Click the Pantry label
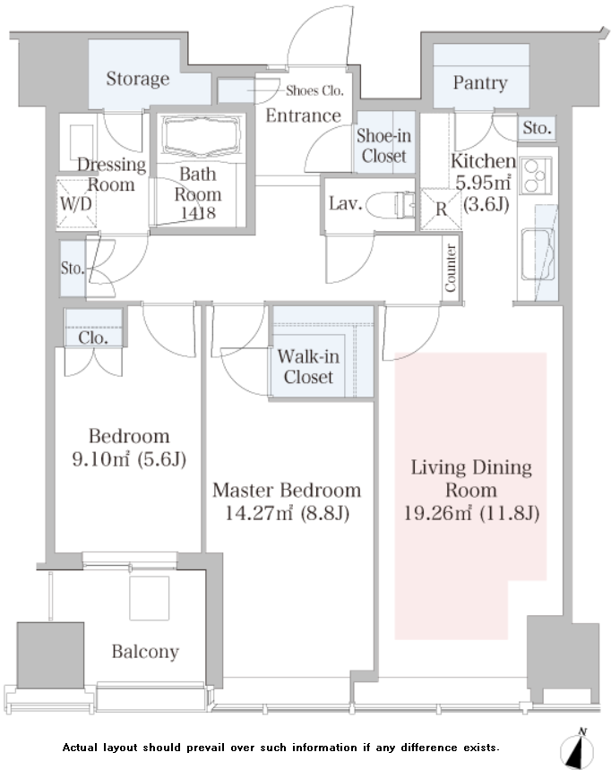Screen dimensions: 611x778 click(480, 83)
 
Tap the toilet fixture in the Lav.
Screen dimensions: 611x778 click(391, 204)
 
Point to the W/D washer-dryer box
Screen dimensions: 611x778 click(76, 203)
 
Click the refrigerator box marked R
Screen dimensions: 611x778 click(441, 209)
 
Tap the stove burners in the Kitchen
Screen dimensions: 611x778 click(535, 175)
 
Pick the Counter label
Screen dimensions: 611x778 click(450, 268)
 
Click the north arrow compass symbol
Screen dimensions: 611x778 click(577, 749)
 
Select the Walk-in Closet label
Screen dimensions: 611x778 click(308, 367)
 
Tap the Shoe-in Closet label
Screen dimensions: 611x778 click(383, 145)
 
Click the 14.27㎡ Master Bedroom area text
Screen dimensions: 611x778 click(287, 512)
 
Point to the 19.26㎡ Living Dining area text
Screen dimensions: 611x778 click(471, 512)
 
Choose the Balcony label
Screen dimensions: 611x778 click(145, 652)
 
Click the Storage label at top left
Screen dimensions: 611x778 click(137, 79)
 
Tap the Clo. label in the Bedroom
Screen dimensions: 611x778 click(93, 338)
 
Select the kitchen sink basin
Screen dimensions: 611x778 click(538, 254)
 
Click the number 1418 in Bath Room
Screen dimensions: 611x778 click(198, 212)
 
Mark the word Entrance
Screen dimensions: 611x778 click(304, 115)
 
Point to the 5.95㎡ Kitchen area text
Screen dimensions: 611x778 click(483, 183)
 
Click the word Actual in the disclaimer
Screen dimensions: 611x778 click(80, 748)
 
